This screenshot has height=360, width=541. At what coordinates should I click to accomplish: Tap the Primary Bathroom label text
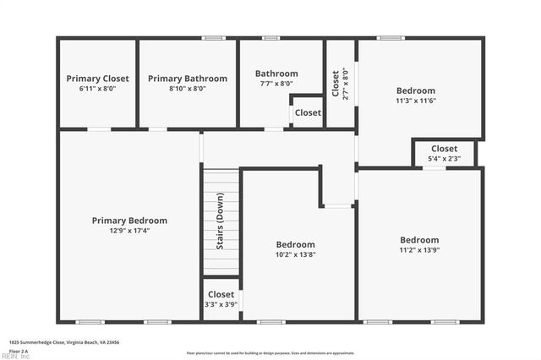[188, 79]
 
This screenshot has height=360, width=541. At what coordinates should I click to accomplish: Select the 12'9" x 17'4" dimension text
[129, 230]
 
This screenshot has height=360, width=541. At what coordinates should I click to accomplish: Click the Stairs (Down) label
[220, 221]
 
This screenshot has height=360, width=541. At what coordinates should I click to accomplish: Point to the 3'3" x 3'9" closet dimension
[221, 304]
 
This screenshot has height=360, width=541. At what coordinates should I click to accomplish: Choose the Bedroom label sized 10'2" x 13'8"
[295, 244]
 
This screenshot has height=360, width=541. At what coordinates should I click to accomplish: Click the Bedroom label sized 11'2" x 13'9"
[419, 239]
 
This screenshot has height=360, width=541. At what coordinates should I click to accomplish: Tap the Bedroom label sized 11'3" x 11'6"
[415, 90]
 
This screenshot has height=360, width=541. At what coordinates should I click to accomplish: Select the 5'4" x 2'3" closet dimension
[444, 158]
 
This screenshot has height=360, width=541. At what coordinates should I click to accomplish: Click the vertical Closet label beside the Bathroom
[335, 84]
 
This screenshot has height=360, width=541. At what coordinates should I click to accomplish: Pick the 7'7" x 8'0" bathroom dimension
[276, 84]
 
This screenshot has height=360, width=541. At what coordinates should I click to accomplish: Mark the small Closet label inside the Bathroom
[308, 112]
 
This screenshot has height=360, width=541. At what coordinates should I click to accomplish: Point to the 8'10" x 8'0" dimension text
[188, 88]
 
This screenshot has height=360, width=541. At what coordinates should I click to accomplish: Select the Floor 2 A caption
[19, 350]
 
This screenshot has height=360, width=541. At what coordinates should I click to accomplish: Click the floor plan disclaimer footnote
[270, 352]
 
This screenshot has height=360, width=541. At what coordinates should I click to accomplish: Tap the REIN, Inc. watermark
[15, 356]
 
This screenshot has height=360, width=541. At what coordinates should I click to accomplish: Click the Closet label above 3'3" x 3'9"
[221, 294]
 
